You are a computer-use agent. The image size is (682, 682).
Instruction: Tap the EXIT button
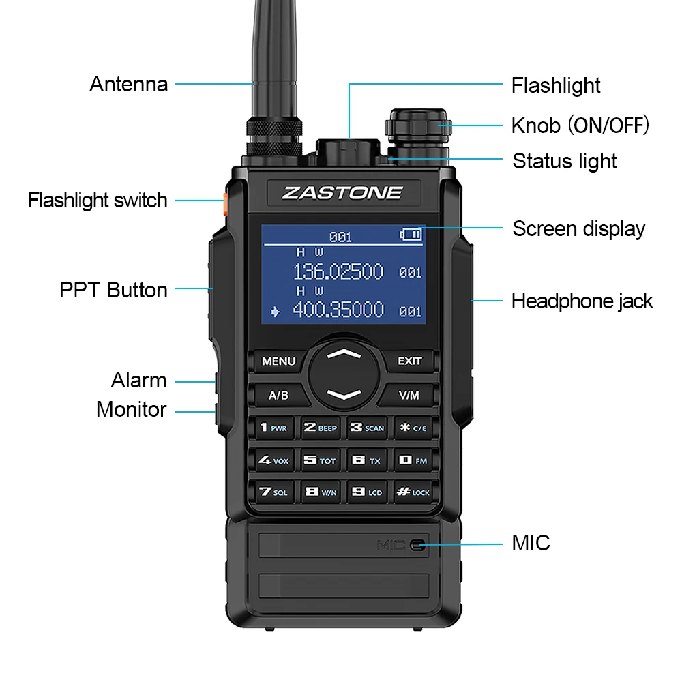[x=409, y=361]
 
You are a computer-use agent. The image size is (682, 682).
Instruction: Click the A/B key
[x=278, y=395]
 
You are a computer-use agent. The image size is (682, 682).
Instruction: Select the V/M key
[x=409, y=395]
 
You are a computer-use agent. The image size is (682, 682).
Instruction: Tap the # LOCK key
[x=412, y=491]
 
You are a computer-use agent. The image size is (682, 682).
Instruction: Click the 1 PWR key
[x=273, y=428]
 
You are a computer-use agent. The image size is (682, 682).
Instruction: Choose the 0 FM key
[x=412, y=460]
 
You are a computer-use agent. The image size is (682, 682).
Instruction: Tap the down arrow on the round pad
[x=344, y=394]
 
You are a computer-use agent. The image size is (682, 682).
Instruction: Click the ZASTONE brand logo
[x=342, y=192]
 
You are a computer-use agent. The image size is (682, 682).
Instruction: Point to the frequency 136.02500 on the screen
[x=338, y=272]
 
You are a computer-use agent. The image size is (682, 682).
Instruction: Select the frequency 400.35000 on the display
[x=338, y=310]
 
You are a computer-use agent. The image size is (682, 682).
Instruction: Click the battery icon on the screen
[x=411, y=235]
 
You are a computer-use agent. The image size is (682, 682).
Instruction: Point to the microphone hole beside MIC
[x=417, y=544]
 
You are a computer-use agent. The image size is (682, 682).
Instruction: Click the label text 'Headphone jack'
[x=582, y=301]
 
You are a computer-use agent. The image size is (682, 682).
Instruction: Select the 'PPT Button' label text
[x=113, y=290]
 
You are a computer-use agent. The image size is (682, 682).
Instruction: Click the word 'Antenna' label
[x=128, y=84]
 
